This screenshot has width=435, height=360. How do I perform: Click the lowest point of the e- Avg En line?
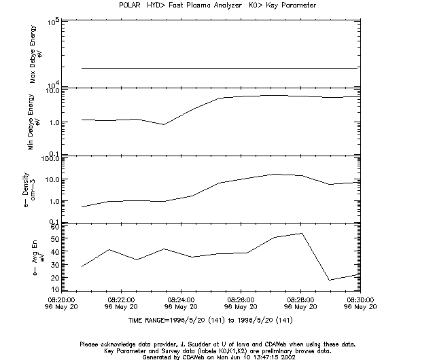tap(330, 280)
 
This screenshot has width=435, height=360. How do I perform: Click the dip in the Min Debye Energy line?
tap(163, 124)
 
